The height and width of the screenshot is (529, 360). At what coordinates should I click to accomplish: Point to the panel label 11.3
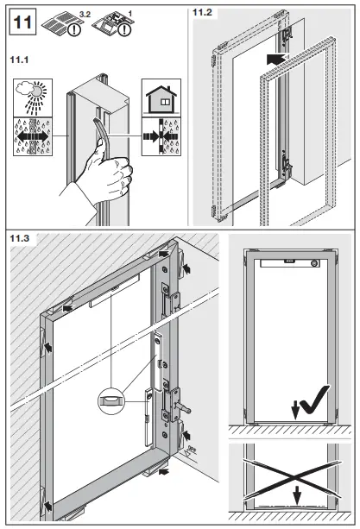22,237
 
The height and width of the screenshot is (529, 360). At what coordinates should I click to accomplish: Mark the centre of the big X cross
290,474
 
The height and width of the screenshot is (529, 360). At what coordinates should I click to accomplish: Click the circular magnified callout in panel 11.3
112,400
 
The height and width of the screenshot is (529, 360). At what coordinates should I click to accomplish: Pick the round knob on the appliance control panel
316,263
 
